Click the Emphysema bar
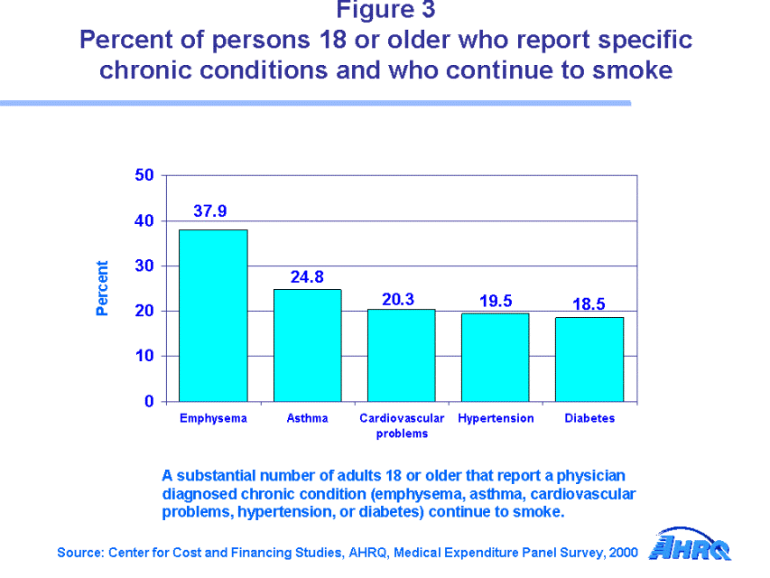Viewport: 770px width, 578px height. point(213,315)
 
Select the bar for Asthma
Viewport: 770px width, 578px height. point(307,345)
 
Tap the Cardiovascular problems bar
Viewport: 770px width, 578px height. point(401,355)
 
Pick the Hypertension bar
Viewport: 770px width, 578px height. point(495,357)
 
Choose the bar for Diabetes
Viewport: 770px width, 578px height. point(589,359)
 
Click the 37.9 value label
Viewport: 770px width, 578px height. point(210,211)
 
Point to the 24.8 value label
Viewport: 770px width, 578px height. point(307,277)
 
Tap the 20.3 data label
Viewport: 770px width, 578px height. point(398,299)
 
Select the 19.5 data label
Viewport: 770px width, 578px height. point(496,301)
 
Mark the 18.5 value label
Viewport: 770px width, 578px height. point(589,304)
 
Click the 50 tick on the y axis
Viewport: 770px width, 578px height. point(144,174)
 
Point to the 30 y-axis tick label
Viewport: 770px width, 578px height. point(144,266)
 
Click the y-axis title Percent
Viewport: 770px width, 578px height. point(102,288)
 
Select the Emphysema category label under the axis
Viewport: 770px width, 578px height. point(213,418)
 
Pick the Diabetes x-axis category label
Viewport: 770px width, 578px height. point(589,418)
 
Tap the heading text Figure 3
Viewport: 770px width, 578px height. point(385,10)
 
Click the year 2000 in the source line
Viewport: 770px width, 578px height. point(624,552)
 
